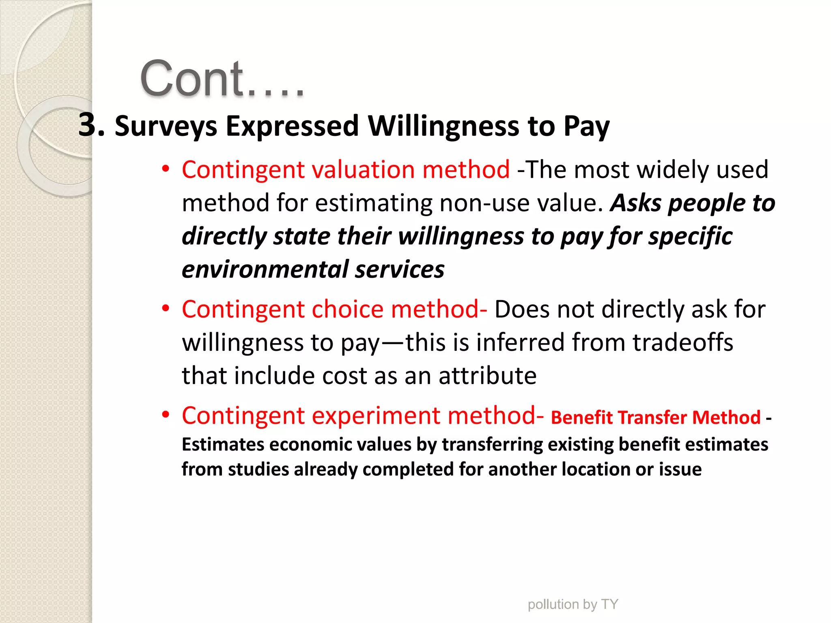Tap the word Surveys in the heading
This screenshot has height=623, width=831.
pyautogui.click(x=166, y=126)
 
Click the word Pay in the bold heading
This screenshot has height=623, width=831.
pyautogui.click(x=586, y=126)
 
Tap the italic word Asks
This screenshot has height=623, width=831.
pyautogui.click(x=635, y=203)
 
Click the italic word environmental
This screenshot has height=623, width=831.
pyautogui.click(x=265, y=270)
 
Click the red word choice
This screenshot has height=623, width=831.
pyautogui.click(x=347, y=309)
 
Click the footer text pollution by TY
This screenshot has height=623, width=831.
pyautogui.click(x=573, y=604)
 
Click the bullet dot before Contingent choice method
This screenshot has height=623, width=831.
pyautogui.click(x=165, y=309)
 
